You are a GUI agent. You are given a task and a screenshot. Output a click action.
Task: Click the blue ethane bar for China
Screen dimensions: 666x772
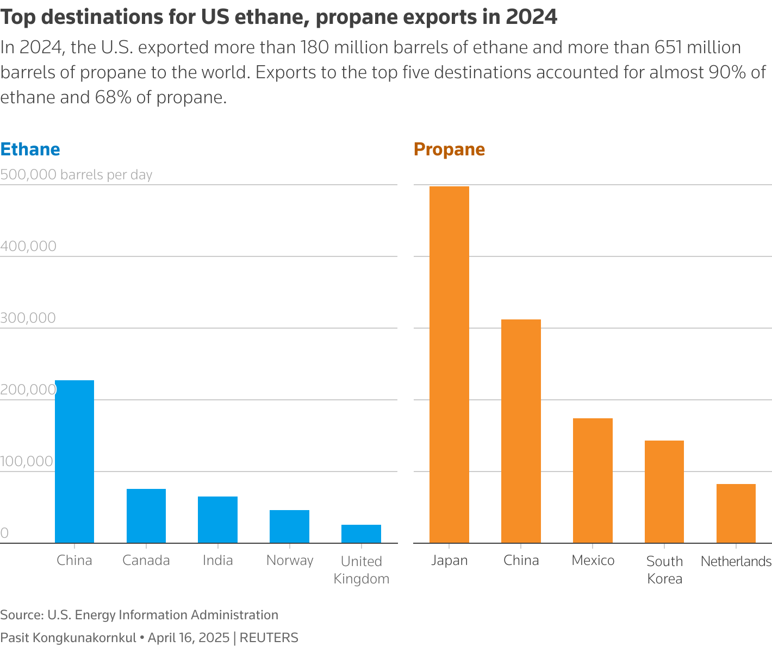coord(74,462)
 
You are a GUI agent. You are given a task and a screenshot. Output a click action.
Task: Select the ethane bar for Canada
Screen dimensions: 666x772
coord(146,516)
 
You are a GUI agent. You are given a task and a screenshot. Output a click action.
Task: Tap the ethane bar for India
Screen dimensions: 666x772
coord(217,520)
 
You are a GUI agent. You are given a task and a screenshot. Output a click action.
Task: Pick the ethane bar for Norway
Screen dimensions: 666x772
coord(289,526)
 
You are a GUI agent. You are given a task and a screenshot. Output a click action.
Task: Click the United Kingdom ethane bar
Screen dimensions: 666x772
coord(361,534)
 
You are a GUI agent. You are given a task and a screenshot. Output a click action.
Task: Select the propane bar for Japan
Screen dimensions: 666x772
coord(449,365)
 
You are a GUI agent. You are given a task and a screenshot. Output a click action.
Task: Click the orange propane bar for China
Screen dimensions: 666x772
coord(521,431)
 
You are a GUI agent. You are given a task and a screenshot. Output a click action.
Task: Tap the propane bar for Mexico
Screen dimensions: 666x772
coord(593,481)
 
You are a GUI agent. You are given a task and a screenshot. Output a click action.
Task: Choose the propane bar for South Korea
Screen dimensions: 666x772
coord(664,492)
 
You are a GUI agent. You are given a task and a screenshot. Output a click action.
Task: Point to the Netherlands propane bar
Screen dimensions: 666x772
coord(736,513)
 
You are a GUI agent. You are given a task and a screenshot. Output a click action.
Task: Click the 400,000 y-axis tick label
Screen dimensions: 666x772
coord(28,246)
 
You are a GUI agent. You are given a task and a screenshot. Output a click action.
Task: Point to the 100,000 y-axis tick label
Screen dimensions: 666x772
coord(27,461)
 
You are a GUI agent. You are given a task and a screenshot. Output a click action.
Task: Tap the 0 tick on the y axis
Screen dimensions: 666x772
coord(4,533)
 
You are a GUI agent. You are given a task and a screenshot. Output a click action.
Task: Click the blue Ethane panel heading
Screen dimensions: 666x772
coord(30,149)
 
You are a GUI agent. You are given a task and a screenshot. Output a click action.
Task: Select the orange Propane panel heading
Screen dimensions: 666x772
coord(449,149)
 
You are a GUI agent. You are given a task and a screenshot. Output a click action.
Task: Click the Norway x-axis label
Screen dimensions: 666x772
coord(290,561)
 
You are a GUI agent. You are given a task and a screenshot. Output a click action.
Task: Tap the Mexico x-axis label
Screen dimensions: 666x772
coord(593,561)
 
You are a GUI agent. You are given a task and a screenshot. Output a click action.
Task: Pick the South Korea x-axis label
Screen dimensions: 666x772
coord(664,570)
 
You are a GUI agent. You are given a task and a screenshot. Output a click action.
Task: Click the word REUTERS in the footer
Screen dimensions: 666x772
coord(269,638)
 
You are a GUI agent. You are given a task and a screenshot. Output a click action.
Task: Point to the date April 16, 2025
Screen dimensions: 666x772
coord(189,638)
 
